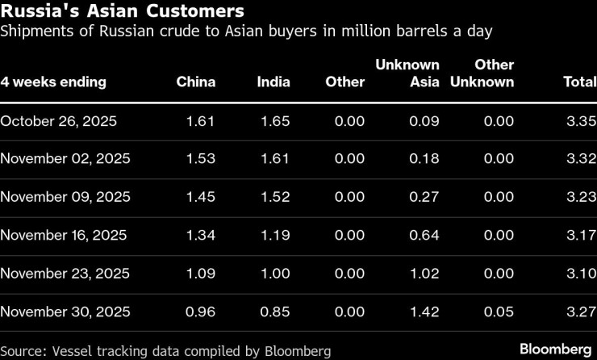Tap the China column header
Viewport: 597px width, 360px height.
click(x=196, y=82)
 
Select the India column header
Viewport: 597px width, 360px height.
click(x=273, y=82)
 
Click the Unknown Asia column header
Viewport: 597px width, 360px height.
click(x=407, y=73)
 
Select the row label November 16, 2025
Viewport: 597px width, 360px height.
click(x=64, y=236)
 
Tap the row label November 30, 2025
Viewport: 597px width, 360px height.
click(x=64, y=312)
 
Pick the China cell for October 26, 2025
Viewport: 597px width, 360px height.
click(x=201, y=121)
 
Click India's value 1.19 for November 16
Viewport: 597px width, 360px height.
click(x=275, y=236)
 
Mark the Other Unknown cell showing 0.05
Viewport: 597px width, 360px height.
click(x=498, y=312)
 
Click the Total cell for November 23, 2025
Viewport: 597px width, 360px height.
click(x=582, y=274)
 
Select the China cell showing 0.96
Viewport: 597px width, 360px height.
click(x=201, y=312)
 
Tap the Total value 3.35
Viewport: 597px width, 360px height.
click(x=582, y=121)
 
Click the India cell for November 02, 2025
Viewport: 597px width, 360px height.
click(x=275, y=159)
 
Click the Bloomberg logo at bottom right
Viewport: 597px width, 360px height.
click(x=555, y=350)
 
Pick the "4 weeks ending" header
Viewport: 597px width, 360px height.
click(x=53, y=82)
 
